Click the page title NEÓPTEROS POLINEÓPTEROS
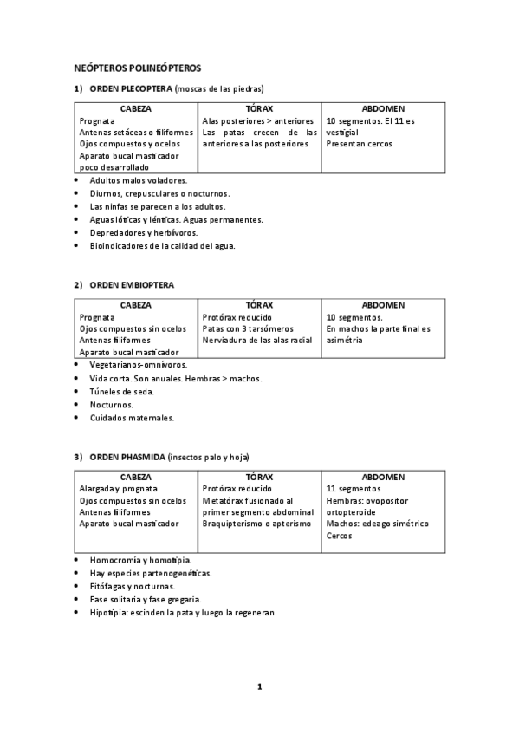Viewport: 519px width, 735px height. click(x=138, y=67)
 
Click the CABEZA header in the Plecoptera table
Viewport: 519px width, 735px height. click(x=136, y=109)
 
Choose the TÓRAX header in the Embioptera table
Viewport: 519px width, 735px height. click(x=259, y=305)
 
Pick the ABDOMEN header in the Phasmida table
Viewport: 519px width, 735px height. click(x=383, y=477)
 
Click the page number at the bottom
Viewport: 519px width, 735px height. click(x=259, y=687)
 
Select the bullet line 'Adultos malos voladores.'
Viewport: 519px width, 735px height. click(x=138, y=180)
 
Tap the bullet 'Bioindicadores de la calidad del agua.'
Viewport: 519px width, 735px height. click(x=162, y=245)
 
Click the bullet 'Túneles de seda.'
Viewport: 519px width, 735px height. click(x=122, y=391)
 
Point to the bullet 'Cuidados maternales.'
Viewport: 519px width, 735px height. click(x=132, y=417)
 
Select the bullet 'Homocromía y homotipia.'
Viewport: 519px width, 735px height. click(x=140, y=560)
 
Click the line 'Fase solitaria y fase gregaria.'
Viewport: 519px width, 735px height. click(x=146, y=599)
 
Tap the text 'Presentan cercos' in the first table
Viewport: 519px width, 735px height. click(x=359, y=144)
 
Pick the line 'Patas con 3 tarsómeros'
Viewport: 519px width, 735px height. click(x=248, y=329)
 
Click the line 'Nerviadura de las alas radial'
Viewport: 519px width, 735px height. click(x=257, y=341)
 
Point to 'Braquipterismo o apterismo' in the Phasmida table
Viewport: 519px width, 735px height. click(x=256, y=524)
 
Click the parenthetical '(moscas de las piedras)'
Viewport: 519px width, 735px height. click(x=219, y=88)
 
